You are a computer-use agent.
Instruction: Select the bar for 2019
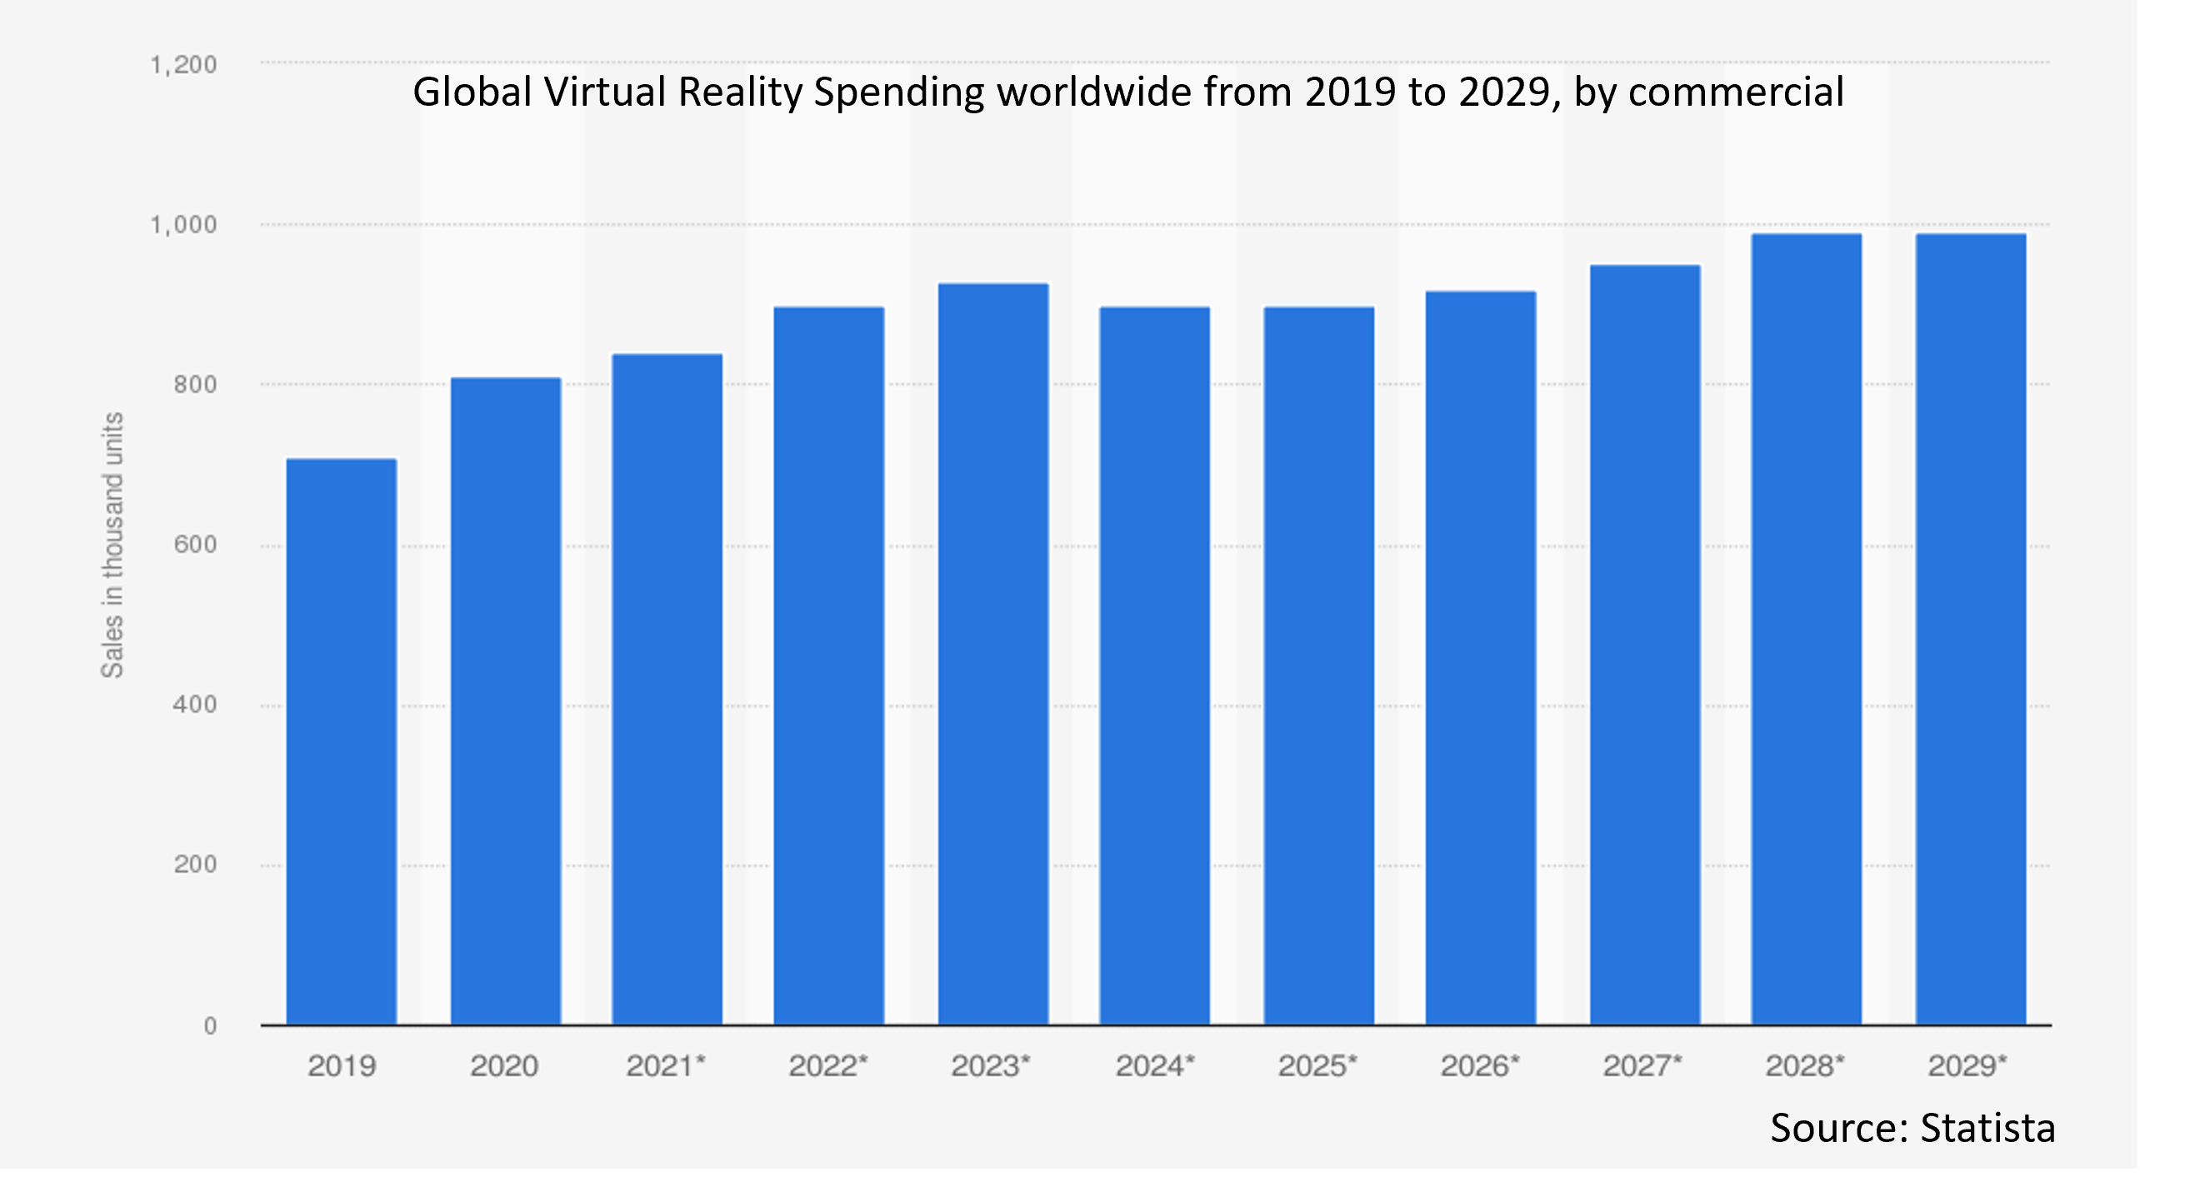pyautogui.click(x=341, y=742)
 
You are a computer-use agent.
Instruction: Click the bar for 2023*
pyautogui.click(x=992, y=654)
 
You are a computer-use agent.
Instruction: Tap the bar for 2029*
pyautogui.click(x=1970, y=629)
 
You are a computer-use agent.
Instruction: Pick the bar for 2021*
pyautogui.click(x=667, y=690)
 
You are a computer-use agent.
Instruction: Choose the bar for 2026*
pyautogui.click(x=1480, y=658)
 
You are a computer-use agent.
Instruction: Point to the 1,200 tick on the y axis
pyautogui.click(x=183, y=64)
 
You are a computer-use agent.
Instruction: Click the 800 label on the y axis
pyautogui.click(x=195, y=384)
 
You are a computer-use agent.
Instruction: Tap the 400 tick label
pyautogui.click(x=195, y=705)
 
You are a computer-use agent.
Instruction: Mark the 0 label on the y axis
pyautogui.click(x=209, y=1026)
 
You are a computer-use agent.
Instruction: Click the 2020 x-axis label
pyautogui.click(x=504, y=1066)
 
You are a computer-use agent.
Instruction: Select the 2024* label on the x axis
pyautogui.click(x=1154, y=1066)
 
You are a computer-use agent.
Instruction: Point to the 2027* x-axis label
pyautogui.click(x=1642, y=1066)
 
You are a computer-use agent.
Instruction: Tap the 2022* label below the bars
pyautogui.click(x=828, y=1066)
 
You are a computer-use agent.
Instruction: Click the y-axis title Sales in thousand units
pyautogui.click(x=112, y=546)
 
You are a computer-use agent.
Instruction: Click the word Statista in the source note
pyautogui.click(x=1987, y=1129)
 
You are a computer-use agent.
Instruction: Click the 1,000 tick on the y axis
pyautogui.click(x=183, y=225)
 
